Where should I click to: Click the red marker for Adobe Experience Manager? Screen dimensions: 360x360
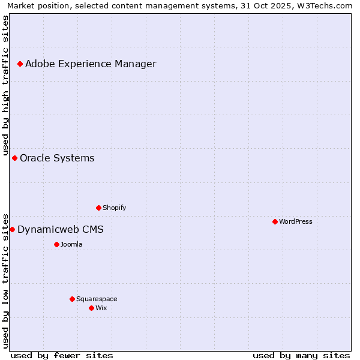pos(20,64)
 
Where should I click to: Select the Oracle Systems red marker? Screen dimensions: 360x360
pos(15,158)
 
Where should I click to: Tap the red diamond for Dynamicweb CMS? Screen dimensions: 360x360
pos(12,229)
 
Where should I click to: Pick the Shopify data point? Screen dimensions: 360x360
pos(99,208)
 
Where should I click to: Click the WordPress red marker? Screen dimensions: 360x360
pos(275,221)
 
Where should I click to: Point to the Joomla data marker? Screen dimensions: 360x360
pos(57,244)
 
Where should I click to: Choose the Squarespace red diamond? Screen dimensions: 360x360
pos(73,299)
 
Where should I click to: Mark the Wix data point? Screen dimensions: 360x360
pos(92,308)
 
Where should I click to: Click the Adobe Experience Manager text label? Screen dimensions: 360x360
pos(91,64)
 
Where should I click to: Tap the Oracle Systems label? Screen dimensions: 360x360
pos(57,158)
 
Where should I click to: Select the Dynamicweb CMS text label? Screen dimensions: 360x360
pos(61,229)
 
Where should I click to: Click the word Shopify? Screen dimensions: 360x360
pos(114,208)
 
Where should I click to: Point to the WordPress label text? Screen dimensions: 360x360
pos(296,221)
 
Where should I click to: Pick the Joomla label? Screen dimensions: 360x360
pos(71,244)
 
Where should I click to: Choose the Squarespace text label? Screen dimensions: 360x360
pos(97,299)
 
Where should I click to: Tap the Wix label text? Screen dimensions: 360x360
pos(101,308)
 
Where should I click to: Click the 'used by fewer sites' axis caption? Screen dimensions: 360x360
pos(62,355)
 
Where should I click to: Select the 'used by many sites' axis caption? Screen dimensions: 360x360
pos(301,355)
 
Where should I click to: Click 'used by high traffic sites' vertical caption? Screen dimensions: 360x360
pos(5,84)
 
